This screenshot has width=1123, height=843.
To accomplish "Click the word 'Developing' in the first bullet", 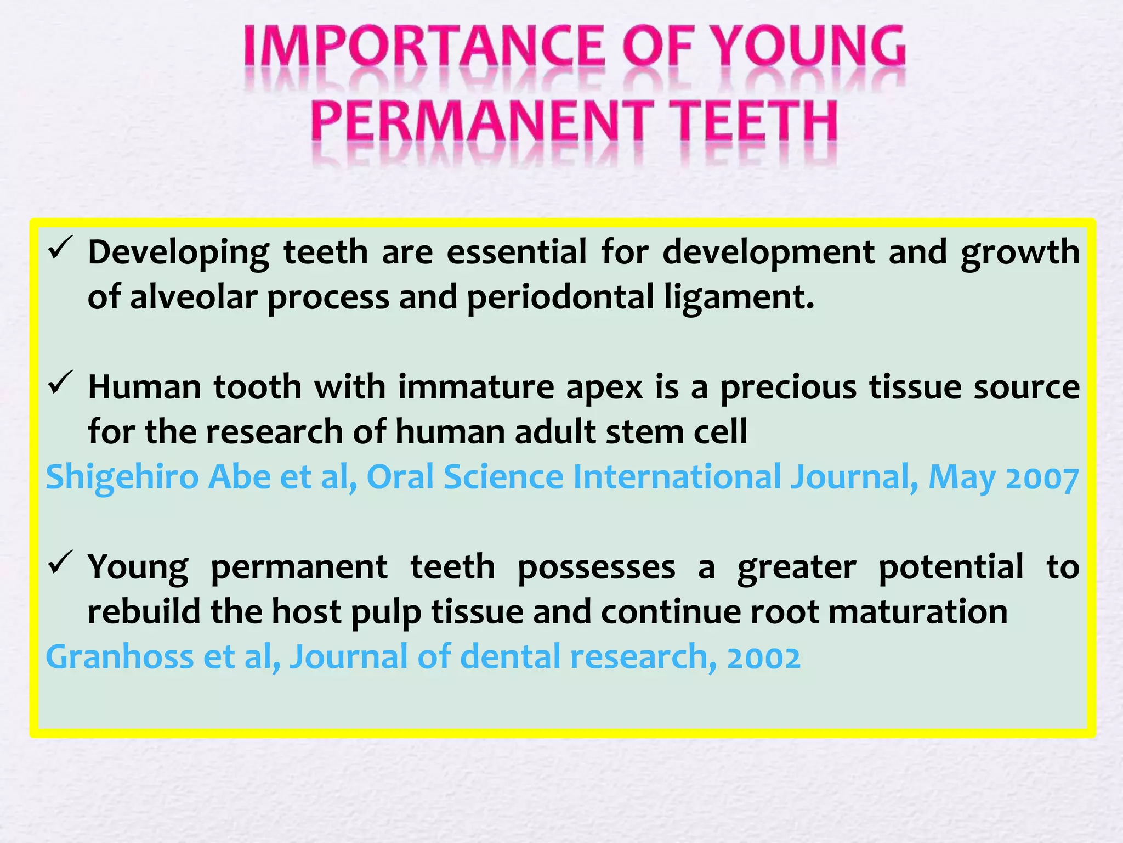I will click(178, 254).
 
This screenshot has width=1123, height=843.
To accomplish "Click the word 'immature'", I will click(475, 387).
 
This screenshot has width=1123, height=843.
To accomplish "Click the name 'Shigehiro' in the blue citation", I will click(122, 477).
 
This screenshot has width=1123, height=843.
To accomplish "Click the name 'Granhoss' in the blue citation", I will click(120, 657).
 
